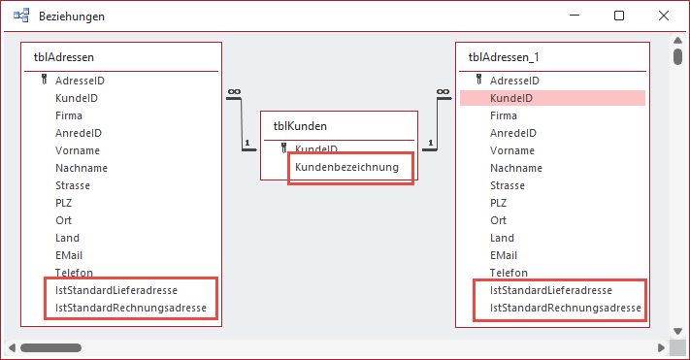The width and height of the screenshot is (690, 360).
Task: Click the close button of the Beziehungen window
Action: (x=664, y=16)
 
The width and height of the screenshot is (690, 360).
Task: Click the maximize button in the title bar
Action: (x=619, y=16)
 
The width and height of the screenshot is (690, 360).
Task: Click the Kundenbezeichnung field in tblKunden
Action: (x=347, y=167)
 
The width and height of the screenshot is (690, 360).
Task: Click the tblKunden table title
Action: (x=300, y=125)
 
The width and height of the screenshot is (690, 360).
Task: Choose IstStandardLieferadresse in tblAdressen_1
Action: (x=550, y=290)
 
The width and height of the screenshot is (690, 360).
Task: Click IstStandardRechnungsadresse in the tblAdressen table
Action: (x=131, y=308)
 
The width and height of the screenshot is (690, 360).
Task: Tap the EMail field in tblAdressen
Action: (x=70, y=255)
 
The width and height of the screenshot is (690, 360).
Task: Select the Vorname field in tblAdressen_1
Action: (x=511, y=150)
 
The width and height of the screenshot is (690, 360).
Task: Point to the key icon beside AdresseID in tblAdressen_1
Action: (x=478, y=81)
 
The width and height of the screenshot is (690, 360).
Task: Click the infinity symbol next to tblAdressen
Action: (x=233, y=92)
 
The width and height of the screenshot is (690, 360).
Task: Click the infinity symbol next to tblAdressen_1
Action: (x=444, y=92)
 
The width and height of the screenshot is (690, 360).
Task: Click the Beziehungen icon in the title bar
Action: (x=20, y=16)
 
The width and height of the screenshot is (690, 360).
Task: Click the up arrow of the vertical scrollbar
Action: (x=678, y=38)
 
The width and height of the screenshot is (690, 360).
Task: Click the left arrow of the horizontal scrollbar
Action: (x=12, y=347)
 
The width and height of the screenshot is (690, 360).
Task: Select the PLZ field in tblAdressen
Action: (x=64, y=203)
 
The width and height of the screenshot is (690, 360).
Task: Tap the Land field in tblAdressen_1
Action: (x=502, y=238)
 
